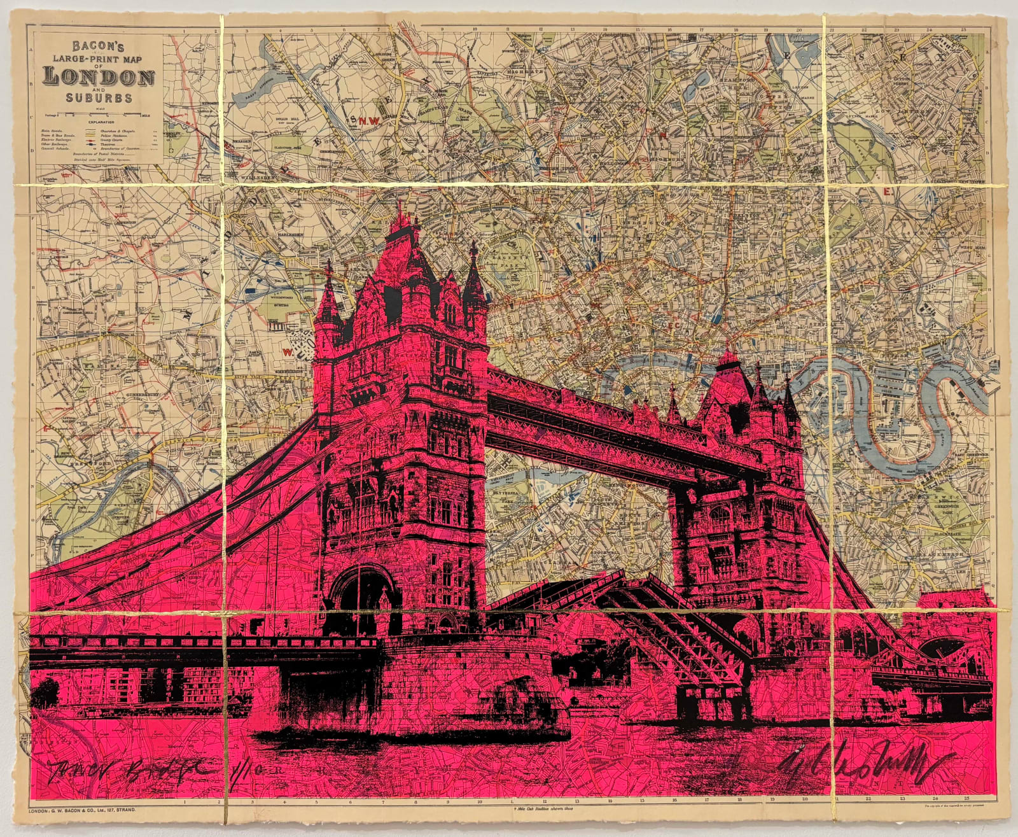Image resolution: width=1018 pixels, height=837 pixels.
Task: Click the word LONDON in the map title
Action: [x=98, y=77]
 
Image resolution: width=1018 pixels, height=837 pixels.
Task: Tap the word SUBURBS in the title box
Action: [x=98, y=98]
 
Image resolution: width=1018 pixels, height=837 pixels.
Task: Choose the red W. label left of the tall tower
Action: [x=286, y=349]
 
